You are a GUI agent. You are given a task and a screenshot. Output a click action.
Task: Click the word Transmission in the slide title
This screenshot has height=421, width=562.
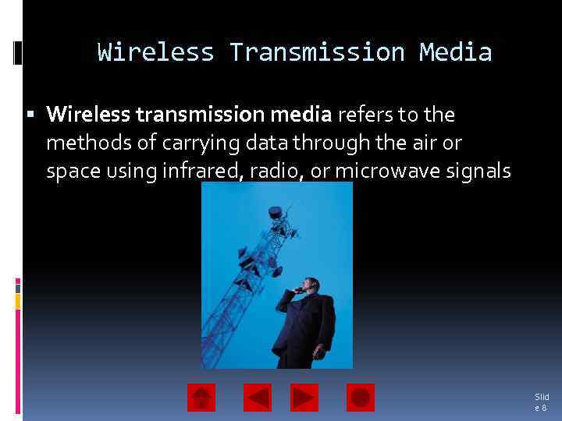click(316, 52)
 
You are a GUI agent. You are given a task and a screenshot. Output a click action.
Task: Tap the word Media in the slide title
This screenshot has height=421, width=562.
click(455, 52)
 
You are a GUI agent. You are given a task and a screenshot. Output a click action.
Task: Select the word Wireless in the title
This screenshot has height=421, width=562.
click(155, 52)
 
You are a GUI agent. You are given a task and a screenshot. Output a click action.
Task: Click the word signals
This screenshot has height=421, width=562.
click(478, 171)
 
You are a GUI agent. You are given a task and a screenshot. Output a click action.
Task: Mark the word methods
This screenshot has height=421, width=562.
click(81, 143)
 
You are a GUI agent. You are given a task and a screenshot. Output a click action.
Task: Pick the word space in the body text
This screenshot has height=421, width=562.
click(69, 171)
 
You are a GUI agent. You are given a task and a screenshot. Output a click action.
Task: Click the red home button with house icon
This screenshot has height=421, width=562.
click(201, 398)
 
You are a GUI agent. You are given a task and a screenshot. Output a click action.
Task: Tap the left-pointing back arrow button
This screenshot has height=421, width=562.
click(258, 398)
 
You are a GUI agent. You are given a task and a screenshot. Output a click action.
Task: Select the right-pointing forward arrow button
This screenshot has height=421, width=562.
click(304, 398)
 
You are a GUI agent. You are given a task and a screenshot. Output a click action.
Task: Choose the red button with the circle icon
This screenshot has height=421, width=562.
click(361, 398)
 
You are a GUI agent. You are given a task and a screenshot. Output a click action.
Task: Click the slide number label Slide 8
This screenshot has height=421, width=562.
click(541, 402)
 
